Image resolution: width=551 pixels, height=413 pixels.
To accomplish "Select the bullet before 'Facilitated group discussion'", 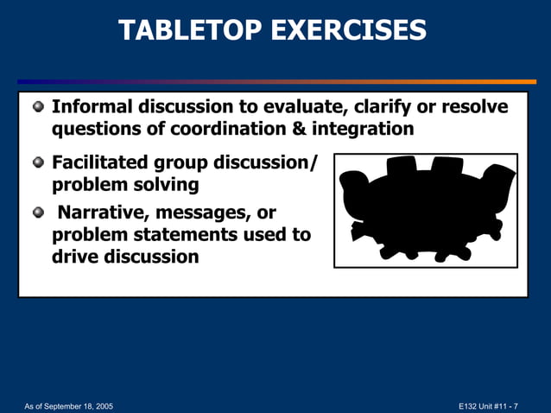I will [x=38, y=163].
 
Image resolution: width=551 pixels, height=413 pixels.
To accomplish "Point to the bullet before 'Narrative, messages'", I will [x=38, y=213].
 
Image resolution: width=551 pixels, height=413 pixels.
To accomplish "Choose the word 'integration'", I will [x=369, y=129].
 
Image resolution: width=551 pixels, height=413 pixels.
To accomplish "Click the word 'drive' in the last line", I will [x=76, y=257].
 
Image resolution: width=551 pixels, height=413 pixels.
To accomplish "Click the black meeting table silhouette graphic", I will [x=425, y=210].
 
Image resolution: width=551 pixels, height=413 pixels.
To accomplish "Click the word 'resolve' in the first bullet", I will [x=473, y=107].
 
